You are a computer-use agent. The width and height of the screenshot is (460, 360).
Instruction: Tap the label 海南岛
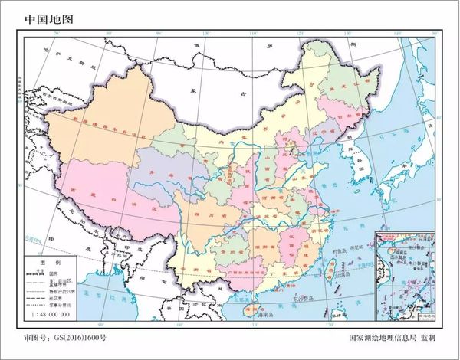click(265, 315)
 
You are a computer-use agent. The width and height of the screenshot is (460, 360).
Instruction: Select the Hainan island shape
click(248, 313)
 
